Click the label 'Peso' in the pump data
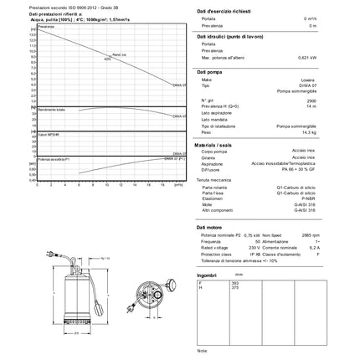pos(205,132)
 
